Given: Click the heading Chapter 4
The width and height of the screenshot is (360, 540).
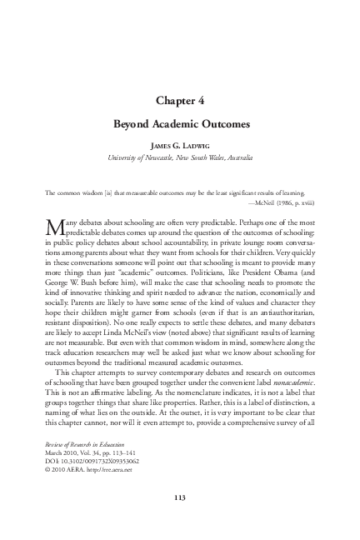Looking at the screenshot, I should (180, 101).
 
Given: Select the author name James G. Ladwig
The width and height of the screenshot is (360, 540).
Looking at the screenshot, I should (180, 144).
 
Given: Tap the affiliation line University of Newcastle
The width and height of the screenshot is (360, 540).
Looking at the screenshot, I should (180, 157).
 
